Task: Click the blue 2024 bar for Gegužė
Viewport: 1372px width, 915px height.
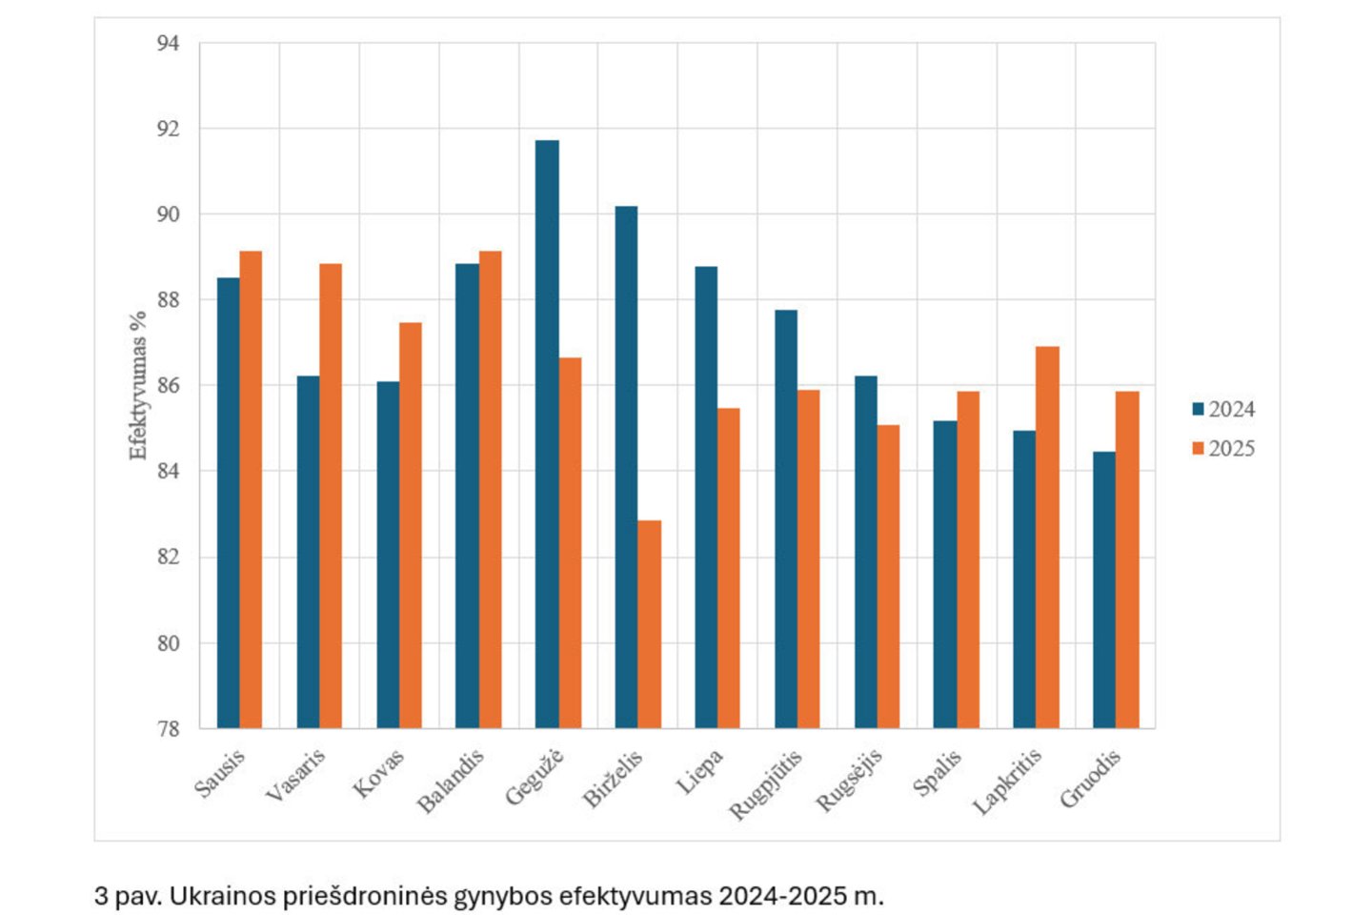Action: (547, 434)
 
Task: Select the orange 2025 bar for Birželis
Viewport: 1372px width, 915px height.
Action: (649, 624)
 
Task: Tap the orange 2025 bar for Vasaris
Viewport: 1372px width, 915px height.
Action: (331, 496)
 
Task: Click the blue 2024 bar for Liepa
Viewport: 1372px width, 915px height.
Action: (706, 497)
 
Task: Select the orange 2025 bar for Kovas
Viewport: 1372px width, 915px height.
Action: (411, 525)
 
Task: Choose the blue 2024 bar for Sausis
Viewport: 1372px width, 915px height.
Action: (229, 502)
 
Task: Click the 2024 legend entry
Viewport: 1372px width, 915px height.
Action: (1223, 410)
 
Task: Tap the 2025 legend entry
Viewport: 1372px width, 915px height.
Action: (1223, 449)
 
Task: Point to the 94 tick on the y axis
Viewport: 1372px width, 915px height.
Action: (168, 44)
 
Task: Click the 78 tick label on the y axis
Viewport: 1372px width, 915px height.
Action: (168, 729)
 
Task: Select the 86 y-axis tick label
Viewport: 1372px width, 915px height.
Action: (168, 386)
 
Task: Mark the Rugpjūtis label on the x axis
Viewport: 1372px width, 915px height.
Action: (766, 784)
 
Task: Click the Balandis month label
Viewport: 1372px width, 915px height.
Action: (451, 781)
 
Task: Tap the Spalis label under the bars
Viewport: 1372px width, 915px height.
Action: (938, 773)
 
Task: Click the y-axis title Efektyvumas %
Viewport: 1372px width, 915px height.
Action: (138, 385)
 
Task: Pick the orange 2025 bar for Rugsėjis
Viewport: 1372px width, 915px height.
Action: (888, 577)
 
